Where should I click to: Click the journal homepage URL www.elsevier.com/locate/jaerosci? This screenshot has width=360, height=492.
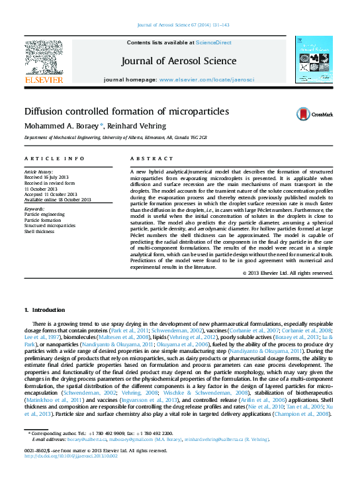coord(206,79)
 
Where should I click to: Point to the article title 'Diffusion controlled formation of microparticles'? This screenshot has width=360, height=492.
coord(126,112)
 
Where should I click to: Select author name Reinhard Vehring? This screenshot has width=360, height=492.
coord(136,126)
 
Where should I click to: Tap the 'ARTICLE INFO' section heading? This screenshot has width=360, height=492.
coord(54,159)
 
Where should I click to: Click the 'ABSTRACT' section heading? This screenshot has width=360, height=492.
coord(147,159)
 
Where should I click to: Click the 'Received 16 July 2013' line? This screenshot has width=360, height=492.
coord(46,177)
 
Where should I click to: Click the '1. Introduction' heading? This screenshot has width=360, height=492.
coord(44,310)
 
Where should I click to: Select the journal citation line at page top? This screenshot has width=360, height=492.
coord(179,25)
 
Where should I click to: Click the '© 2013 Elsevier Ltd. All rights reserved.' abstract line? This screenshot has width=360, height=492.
coord(287,273)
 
